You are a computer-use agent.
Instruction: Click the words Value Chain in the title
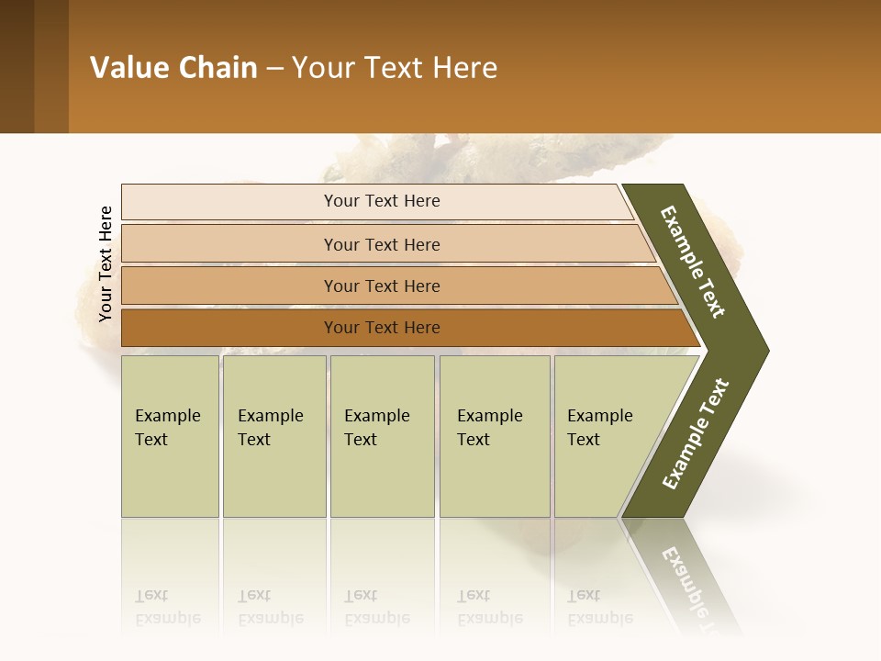pos(173,68)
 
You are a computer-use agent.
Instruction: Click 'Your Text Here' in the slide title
pos(395,68)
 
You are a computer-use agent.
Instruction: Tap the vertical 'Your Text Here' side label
pos(106,263)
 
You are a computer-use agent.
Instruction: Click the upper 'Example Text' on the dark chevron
pos(693,262)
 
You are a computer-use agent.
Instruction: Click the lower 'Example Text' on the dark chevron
pos(696,434)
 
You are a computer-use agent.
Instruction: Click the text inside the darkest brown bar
pos(382,328)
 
